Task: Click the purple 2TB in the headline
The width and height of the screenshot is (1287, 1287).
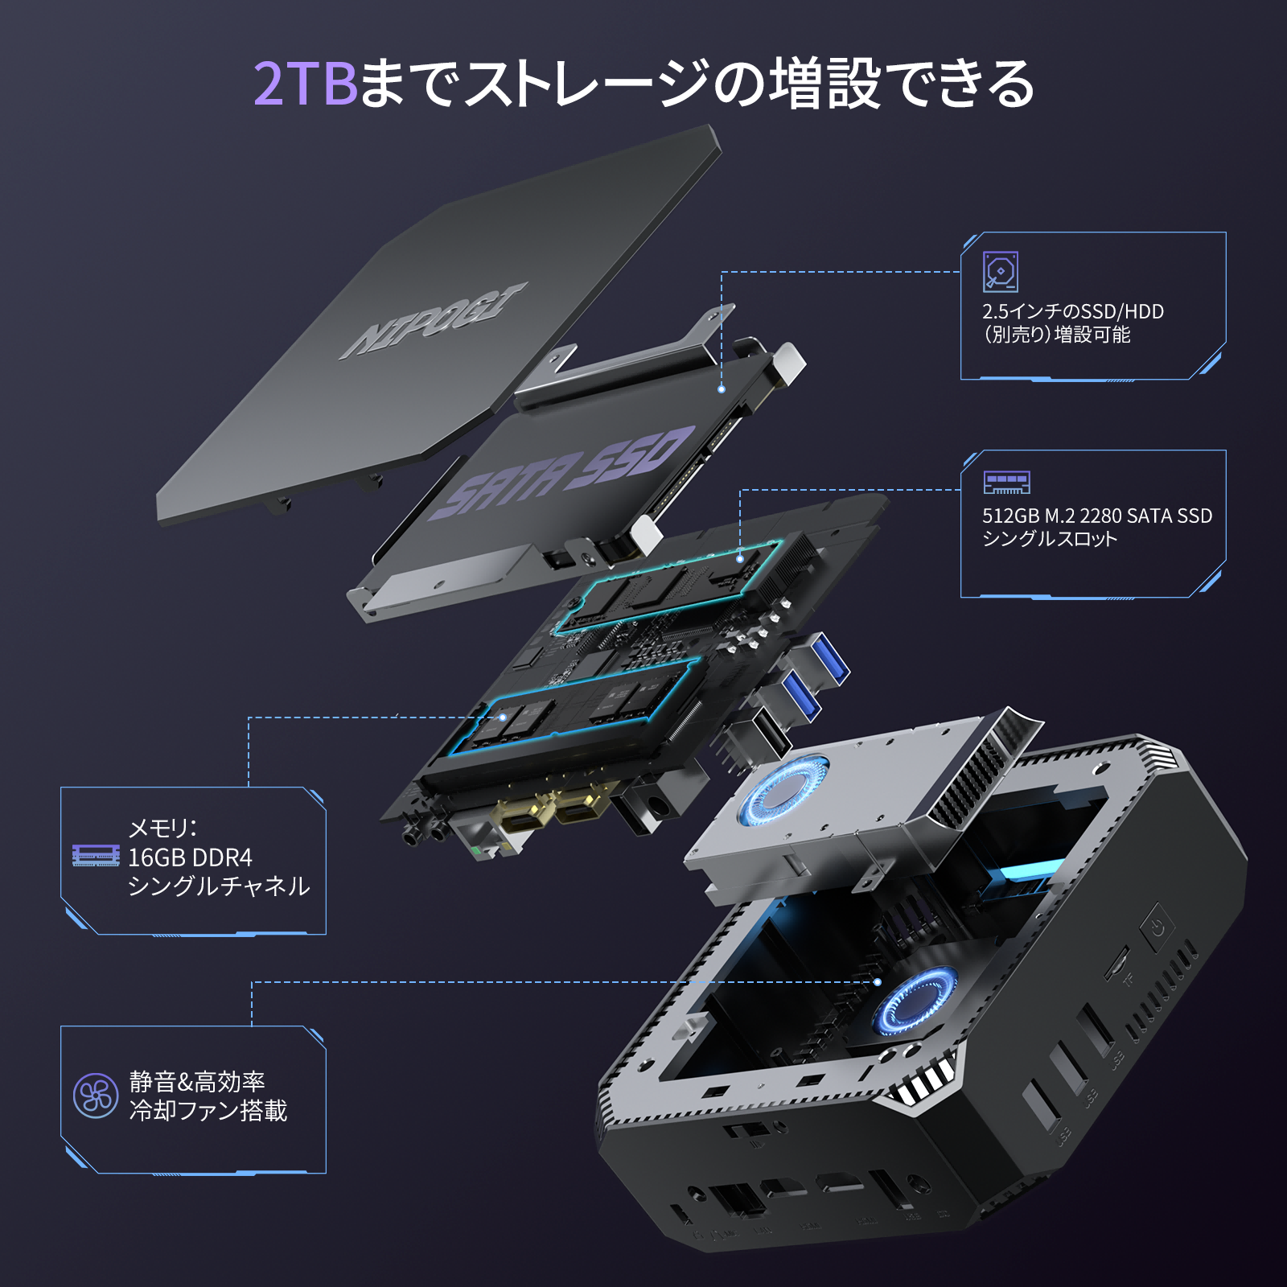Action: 306,84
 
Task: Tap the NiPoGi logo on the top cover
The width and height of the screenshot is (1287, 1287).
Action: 435,320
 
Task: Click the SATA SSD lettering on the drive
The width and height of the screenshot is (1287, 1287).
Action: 563,473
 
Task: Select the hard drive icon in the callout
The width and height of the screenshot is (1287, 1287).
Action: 1001,272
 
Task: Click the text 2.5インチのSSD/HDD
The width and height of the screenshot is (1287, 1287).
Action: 1072,311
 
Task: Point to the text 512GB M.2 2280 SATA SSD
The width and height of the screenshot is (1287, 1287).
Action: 1096,516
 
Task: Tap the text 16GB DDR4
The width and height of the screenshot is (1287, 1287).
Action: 191,857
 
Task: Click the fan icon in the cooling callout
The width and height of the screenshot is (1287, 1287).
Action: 96,1096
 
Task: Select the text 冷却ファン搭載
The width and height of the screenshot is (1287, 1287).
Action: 208,1111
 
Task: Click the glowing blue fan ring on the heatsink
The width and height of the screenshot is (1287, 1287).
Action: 783,791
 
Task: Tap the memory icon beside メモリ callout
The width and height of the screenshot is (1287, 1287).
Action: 96,856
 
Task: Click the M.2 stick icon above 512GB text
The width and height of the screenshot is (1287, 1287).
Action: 1006,483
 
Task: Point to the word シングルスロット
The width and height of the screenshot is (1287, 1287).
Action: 1050,539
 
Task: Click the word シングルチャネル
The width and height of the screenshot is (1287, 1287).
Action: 219,886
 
